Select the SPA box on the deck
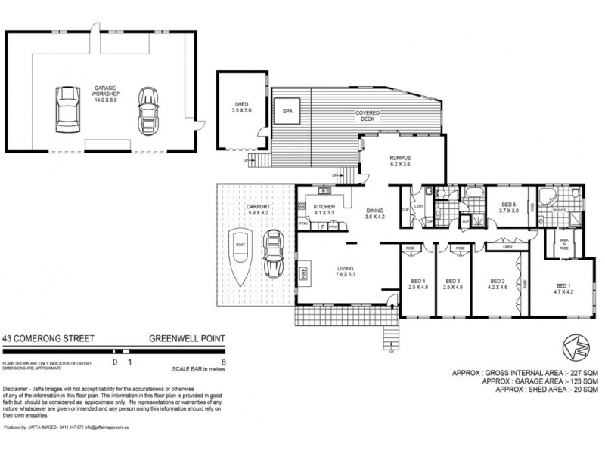(287, 111)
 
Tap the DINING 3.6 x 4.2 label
(375, 214)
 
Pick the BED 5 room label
(508, 208)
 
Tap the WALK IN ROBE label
(563, 243)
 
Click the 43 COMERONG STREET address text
(48, 339)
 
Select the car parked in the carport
(271, 254)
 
